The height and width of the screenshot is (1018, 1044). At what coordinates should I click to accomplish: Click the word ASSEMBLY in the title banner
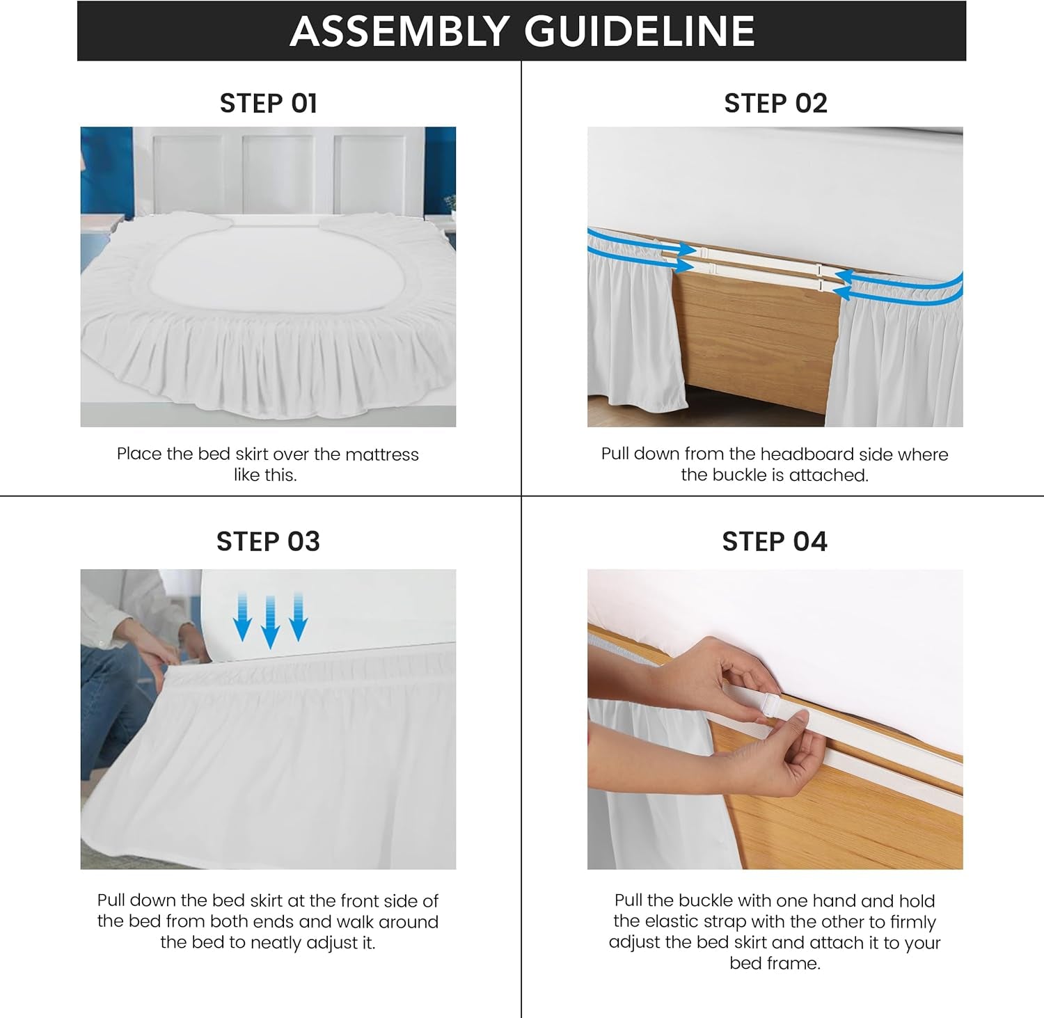tap(400, 31)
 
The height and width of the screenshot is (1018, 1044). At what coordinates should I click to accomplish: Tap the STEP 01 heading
tap(269, 104)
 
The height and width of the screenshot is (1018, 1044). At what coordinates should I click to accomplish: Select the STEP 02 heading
tap(775, 104)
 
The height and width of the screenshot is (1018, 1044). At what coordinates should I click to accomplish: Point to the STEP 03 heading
tap(268, 541)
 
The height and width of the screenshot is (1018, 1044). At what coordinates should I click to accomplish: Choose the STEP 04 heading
tap(775, 541)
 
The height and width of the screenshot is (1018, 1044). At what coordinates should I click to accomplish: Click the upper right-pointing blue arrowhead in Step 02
tap(687, 249)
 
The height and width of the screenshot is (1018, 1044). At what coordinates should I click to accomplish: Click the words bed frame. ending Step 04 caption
tap(775, 964)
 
